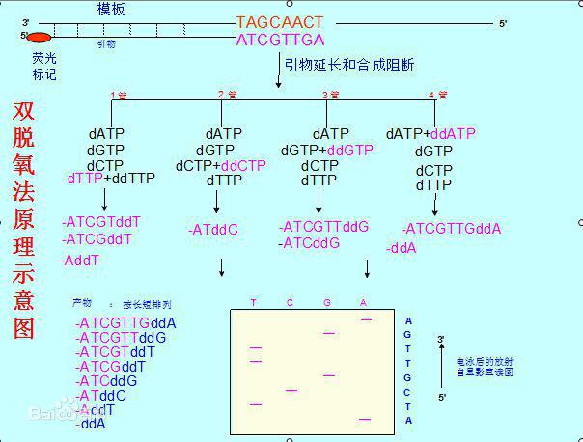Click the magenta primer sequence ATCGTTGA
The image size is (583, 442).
[280, 40]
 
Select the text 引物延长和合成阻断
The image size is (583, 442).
[348, 65]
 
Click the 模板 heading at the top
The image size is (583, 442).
[111, 9]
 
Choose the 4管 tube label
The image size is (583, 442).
[437, 95]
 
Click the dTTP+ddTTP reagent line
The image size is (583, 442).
[111, 179]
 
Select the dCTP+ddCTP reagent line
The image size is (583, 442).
[220, 165]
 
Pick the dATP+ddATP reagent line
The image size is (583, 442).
[430, 134]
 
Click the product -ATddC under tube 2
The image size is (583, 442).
[212, 230]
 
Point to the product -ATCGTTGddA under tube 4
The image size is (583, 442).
[451, 229]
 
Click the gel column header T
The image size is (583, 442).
[254, 303]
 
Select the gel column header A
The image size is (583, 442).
[363, 303]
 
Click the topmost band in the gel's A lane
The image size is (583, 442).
[366, 318]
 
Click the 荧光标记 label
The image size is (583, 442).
[43, 66]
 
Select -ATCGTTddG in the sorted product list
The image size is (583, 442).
[123, 337]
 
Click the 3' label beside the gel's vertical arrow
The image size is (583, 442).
[441, 340]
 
